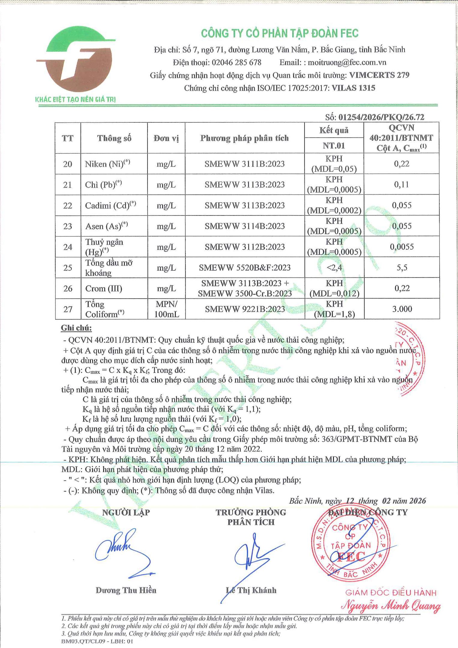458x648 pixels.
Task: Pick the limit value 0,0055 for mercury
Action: [x=402, y=247]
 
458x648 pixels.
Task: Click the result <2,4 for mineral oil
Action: [x=334, y=267]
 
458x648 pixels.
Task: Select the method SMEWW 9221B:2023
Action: [x=245, y=309]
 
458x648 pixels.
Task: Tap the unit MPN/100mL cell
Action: [x=166, y=309]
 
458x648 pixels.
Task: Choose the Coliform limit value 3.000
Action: [x=402, y=309]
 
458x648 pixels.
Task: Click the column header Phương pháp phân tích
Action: [x=244, y=138]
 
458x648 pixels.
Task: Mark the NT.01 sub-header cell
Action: [x=334, y=146]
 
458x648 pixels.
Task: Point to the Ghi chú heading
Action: [x=76, y=328]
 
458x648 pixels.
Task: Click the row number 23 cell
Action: [x=68, y=226]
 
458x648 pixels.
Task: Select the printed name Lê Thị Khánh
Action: [x=251, y=590]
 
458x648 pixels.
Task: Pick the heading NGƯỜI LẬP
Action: [x=126, y=512]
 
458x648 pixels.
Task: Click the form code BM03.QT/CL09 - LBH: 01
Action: [x=97, y=641]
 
